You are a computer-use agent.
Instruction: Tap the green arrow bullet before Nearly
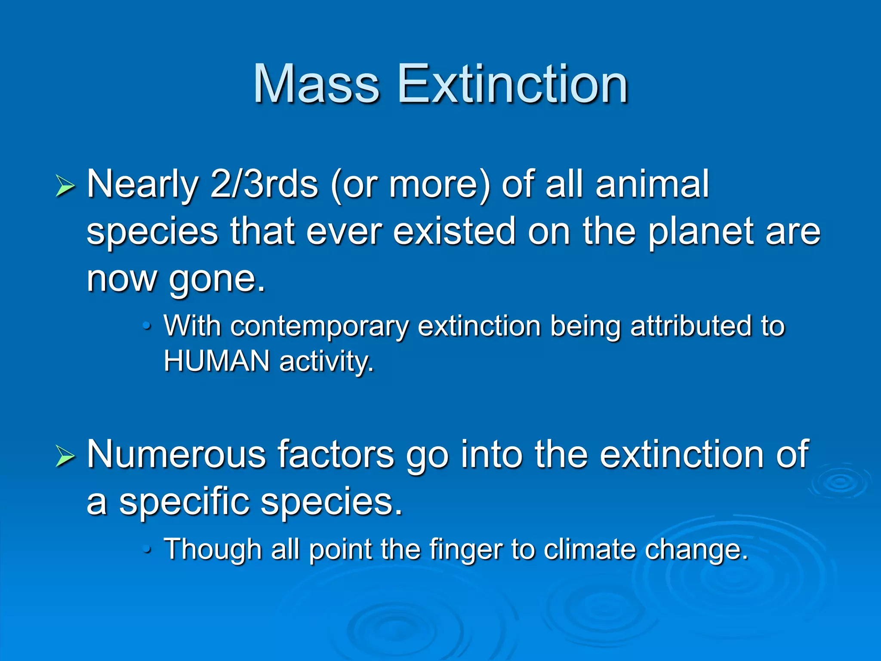tap(65, 187)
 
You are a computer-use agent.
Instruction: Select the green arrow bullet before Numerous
tap(65, 457)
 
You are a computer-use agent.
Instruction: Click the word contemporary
tap(319, 326)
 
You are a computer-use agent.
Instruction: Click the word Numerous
tap(176, 454)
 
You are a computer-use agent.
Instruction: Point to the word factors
tap(335, 454)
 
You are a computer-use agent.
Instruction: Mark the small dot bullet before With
tap(147, 326)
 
